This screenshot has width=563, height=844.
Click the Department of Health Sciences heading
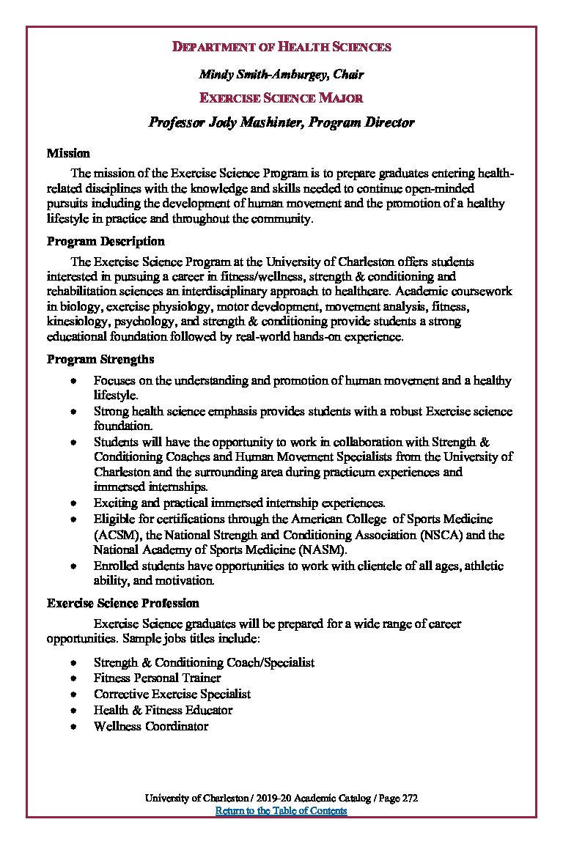coord(281,47)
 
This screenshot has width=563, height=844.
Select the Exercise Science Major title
coord(281,97)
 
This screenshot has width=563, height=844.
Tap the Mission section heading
coord(68,153)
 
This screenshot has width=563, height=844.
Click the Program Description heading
coord(106,241)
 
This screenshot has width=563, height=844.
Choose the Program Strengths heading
coord(100,359)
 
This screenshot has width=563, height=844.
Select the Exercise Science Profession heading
coord(123,603)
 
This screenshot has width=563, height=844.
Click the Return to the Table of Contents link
coord(281,810)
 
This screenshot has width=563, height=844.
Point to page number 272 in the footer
coord(409,798)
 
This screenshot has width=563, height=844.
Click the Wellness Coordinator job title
coord(151,726)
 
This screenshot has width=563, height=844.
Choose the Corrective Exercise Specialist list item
coord(172,694)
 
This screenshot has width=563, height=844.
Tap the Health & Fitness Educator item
coord(163,710)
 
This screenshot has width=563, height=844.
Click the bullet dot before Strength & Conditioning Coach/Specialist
coord(74,662)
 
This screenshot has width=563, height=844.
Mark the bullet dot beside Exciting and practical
coord(74,503)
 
